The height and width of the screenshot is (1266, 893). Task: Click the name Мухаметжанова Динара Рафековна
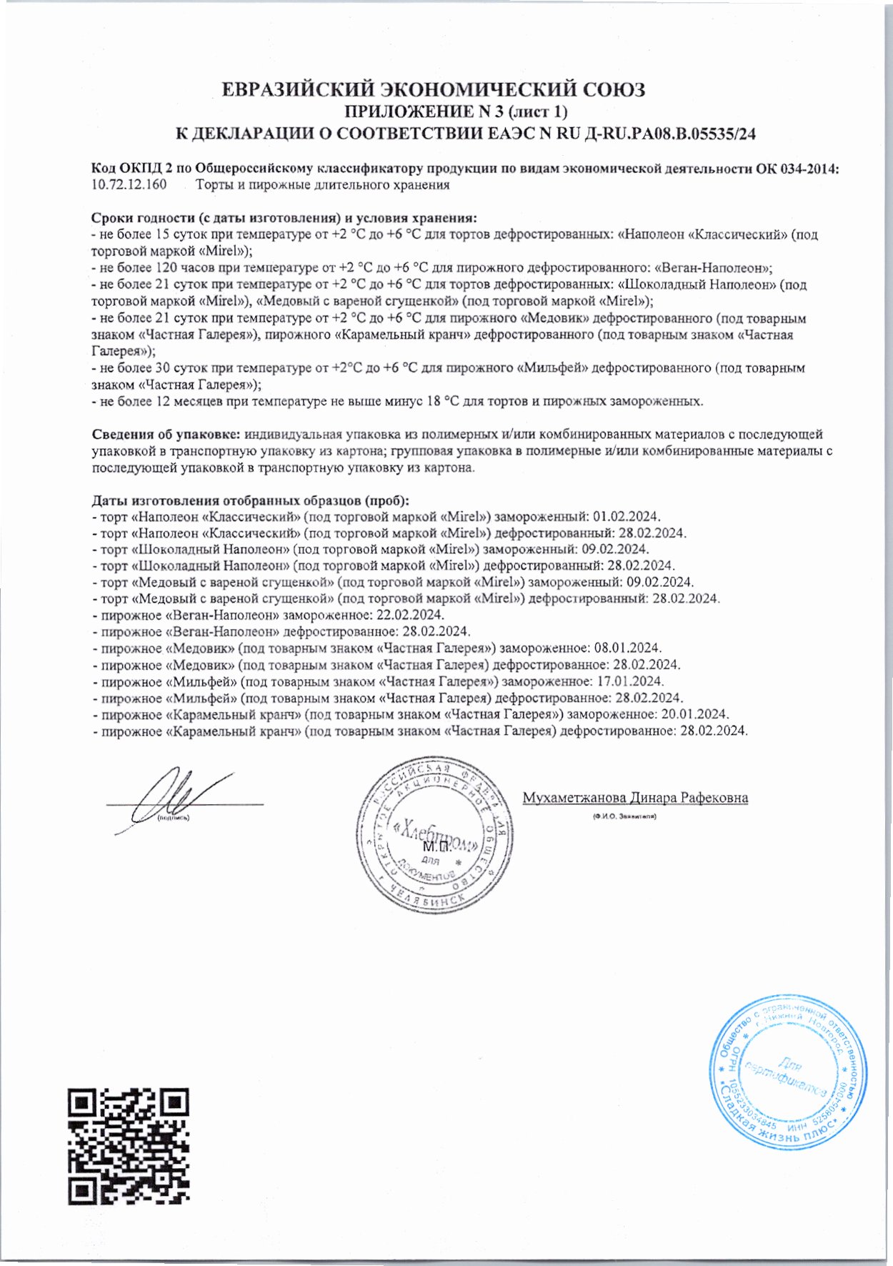pyautogui.click(x=635, y=798)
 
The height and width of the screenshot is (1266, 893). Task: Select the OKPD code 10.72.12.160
pyautogui.click(x=129, y=185)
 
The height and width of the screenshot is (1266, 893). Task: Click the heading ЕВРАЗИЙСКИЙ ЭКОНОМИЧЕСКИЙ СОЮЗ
pyautogui.click(x=434, y=90)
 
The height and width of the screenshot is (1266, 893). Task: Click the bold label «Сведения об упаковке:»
pyautogui.click(x=166, y=434)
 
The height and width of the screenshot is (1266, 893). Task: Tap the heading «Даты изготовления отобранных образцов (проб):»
pyautogui.click(x=250, y=500)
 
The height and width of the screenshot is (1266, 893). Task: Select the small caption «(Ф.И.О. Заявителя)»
pyautogui.click(x=624, y=816)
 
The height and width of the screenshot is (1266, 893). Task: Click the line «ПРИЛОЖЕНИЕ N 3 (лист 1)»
pyautogui.click(x=457, y=112)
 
